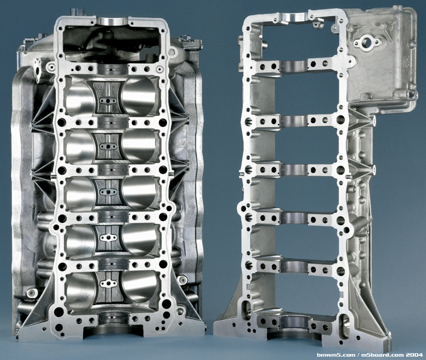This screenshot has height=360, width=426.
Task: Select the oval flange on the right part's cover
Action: click(366, 43)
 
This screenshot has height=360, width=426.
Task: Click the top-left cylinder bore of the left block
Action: click(80, 97)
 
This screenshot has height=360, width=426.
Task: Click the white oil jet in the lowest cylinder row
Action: click(109, 284)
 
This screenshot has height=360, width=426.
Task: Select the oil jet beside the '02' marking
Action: click(108, 101)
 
